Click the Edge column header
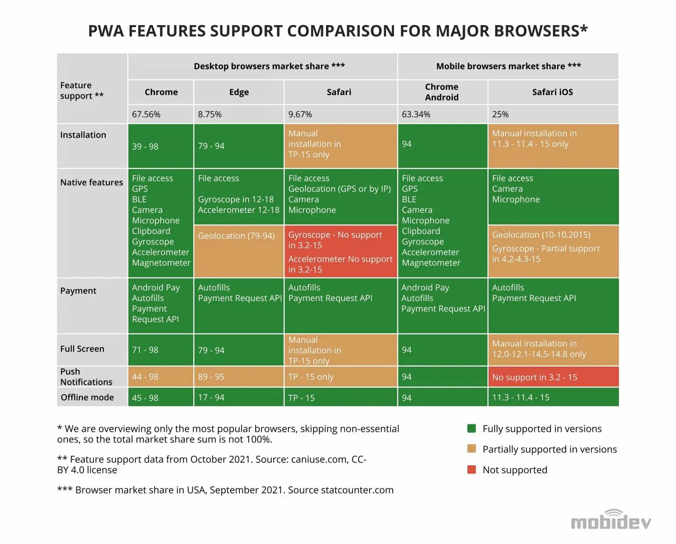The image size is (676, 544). (x=239, y=92)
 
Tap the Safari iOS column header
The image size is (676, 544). (x=552, y=92)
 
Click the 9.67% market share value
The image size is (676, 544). (x=300, y=114)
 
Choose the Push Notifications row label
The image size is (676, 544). (x=86, y=377)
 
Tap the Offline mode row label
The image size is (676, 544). (x=87, y=397)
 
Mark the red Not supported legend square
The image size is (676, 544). (x=471, y=470)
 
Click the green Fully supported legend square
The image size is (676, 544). (x=471, y=429)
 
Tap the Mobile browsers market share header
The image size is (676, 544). (x=508, y=66)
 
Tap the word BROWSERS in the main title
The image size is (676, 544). (x=540, y=31)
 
